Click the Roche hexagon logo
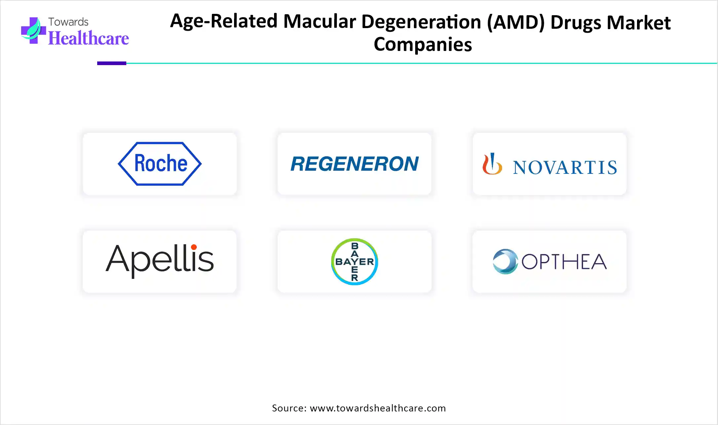click(x=160, y=164)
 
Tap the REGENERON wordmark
click(x=354, y=164)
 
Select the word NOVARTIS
click(x=565, y=167)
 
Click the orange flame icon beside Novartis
click(x=492, y=164)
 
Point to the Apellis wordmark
click(x=160, y=261)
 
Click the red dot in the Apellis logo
click(x=194, y=247)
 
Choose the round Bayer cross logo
click(x=354, y=262)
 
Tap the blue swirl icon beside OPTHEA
click(x=505, y=261)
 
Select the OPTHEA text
click(x=564, y=262)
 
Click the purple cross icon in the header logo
click(x=33, y=31)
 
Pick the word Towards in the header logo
click(x=68, y=22)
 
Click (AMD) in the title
click(x=516, y=22)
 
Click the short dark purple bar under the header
click(x=112, y=63)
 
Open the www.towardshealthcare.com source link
click(x=378, y=408)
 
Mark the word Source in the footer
click(x=289, y=408)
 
